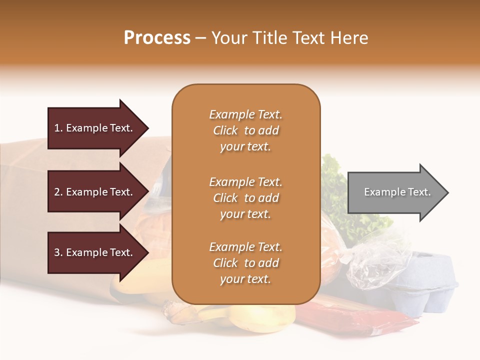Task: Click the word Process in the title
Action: (x=157, y=37)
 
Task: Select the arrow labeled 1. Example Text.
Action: (x=95, y=128)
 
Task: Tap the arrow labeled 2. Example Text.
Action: (x=95, y=192)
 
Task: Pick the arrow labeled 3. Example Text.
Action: (x=95, y=252)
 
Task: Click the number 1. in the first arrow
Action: (x=58, y=128)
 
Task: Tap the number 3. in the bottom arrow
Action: (x=58, y=252)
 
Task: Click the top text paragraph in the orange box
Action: (x=245, y=130)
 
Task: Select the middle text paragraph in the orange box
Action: (x=245, y=198)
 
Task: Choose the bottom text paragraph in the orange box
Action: (x=245, y=263)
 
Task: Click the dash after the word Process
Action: (x=201, y=38)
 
